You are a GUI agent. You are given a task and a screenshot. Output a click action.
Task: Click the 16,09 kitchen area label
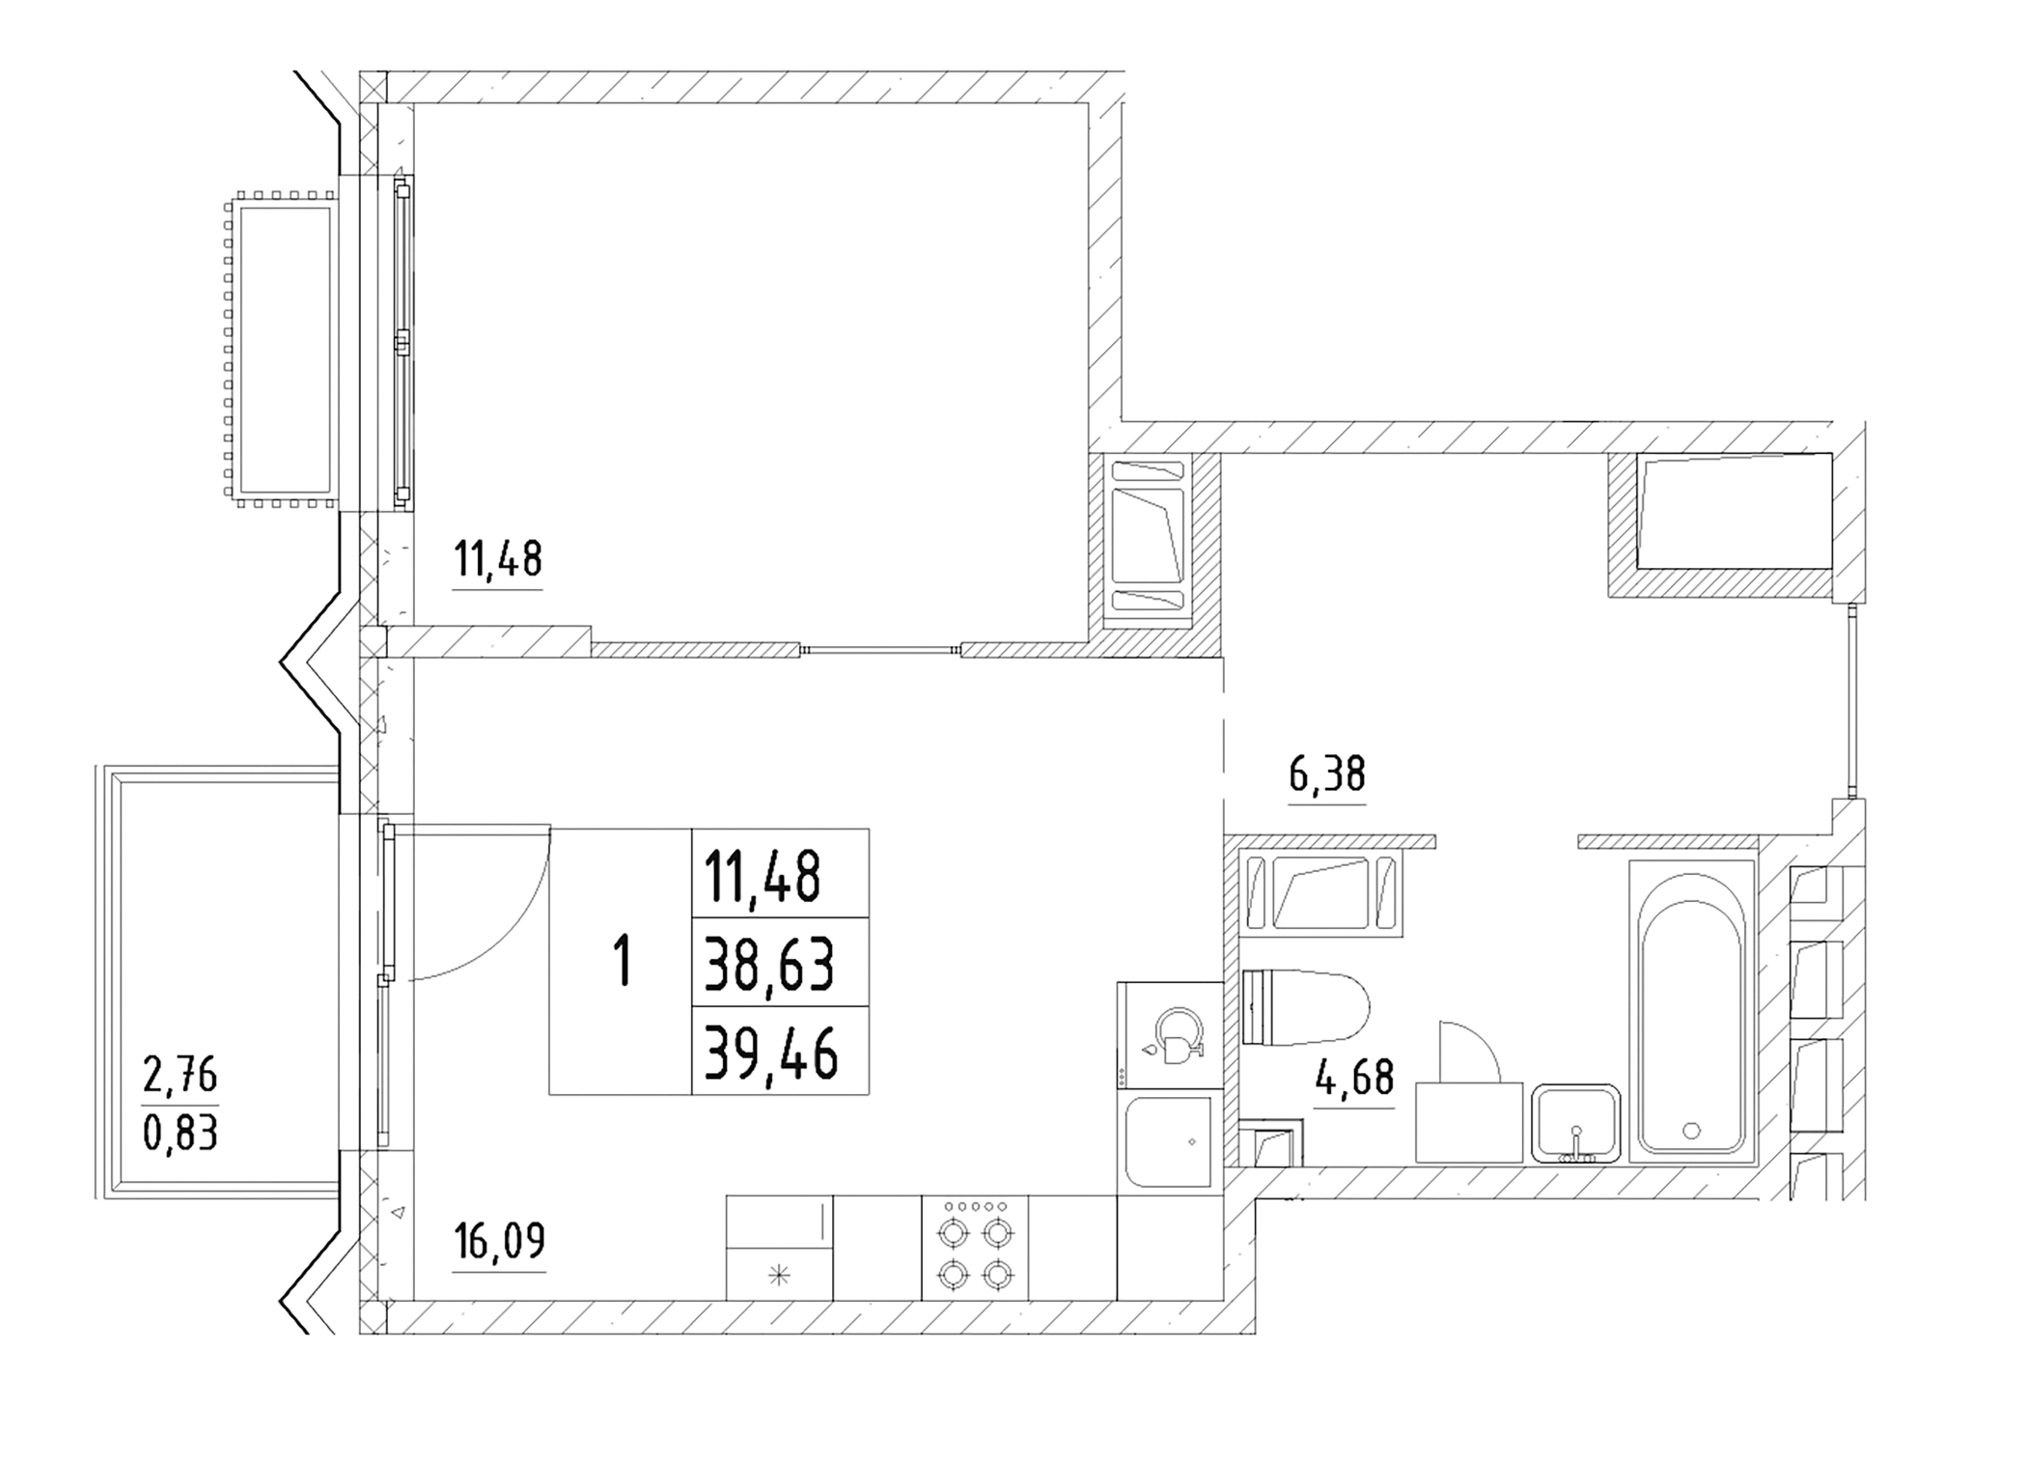pos(499,1242)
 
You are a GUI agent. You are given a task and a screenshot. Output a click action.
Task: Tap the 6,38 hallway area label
pos(1327,774)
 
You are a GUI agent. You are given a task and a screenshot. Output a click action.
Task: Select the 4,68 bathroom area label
pos(1354,1078)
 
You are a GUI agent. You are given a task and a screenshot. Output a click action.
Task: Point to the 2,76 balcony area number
pos(180,1076)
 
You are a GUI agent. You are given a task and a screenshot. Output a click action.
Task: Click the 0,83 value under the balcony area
pos(180,1133)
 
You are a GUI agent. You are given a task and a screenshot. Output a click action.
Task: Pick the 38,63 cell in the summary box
pos(769,964)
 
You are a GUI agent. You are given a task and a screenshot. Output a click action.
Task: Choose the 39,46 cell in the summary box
pos(770,1053)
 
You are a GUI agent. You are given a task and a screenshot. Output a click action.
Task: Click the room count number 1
pos(624,961)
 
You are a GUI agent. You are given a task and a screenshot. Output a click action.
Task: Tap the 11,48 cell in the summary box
pos(763,876)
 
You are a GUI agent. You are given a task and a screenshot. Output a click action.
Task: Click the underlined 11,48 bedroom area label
pos(498,559)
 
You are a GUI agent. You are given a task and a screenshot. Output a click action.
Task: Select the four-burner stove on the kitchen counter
pos(975,1249)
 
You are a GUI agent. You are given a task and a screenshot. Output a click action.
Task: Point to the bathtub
pos(1693,1011)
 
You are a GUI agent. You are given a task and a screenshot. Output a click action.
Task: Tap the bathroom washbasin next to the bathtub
pos(1576,1123)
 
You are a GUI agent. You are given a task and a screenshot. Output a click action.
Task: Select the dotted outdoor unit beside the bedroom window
pos(282,350)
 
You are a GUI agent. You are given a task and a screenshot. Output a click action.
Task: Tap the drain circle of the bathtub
pos(1691,1129)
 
